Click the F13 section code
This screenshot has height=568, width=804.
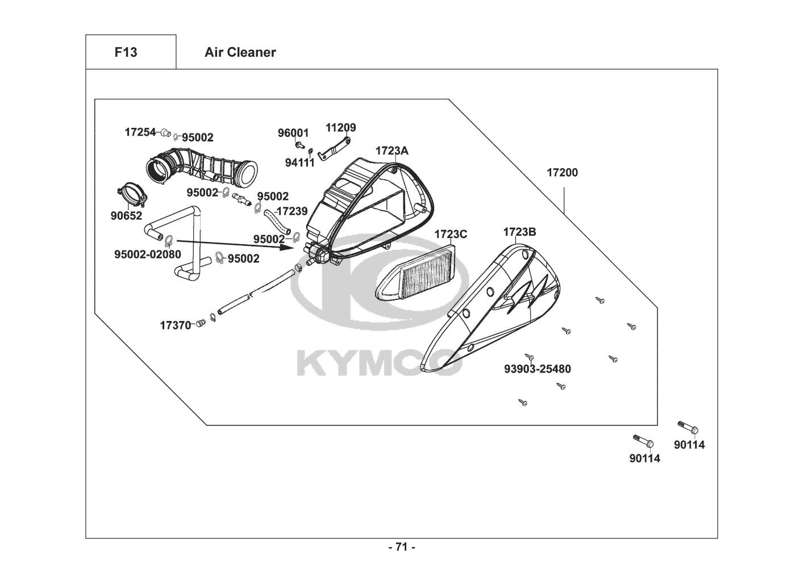(126, 52)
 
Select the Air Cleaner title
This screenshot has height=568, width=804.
(240, 52)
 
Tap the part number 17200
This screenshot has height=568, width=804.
(562, 173)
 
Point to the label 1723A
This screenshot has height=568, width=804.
(392, 151)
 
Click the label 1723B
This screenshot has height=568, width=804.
(520, 232)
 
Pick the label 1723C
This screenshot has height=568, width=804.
(451, 235)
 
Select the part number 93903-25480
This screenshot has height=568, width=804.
(538, 369)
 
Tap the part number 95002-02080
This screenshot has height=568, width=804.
(148, 254)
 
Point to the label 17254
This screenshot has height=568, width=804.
(140, 132)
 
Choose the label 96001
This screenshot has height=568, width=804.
(293, 133)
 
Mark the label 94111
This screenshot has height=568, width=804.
(299, 163)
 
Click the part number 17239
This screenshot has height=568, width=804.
(293, 211)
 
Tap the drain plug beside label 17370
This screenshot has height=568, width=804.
(200, 323)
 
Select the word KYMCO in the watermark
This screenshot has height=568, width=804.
(380, 363)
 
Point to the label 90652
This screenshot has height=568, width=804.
(126, 216)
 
